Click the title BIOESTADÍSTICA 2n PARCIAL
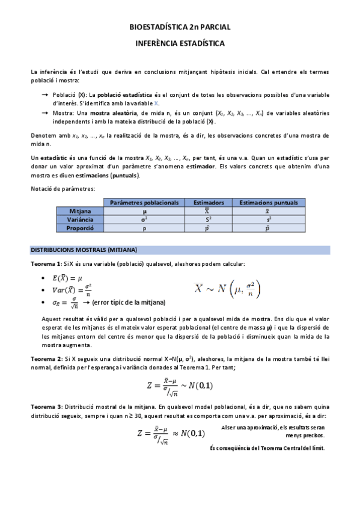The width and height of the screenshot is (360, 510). (x=180, y=28)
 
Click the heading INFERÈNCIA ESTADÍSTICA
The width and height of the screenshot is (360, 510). (x=180, y=44)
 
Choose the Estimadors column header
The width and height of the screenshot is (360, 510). (x=206, y=203)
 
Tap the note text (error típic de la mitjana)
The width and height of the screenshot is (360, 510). (x=130, y=302)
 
